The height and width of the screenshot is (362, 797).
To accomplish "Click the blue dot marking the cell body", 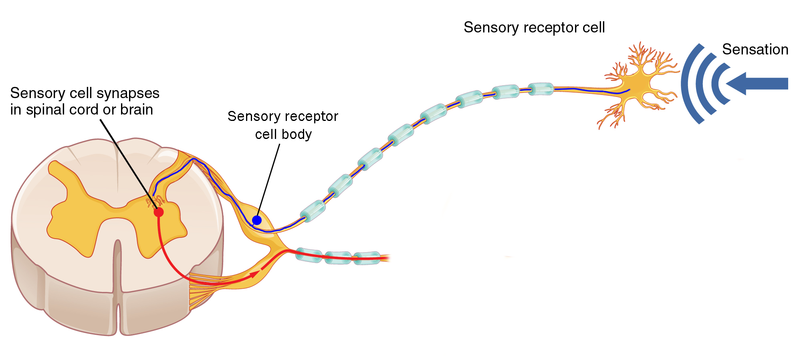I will click(x=257, y=220).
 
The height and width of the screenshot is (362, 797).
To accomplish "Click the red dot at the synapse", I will click(x=159, y=212).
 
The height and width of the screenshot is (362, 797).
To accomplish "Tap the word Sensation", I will click(x=755, y=49).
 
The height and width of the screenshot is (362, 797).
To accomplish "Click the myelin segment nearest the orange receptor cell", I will click(x=541, y=89).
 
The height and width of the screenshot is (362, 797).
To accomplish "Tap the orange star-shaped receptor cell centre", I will click(x=637, y=85).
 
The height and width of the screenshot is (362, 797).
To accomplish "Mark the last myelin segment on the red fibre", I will click(x=367, y=258).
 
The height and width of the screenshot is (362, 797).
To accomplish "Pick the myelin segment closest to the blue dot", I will click(x=313, y=210).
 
